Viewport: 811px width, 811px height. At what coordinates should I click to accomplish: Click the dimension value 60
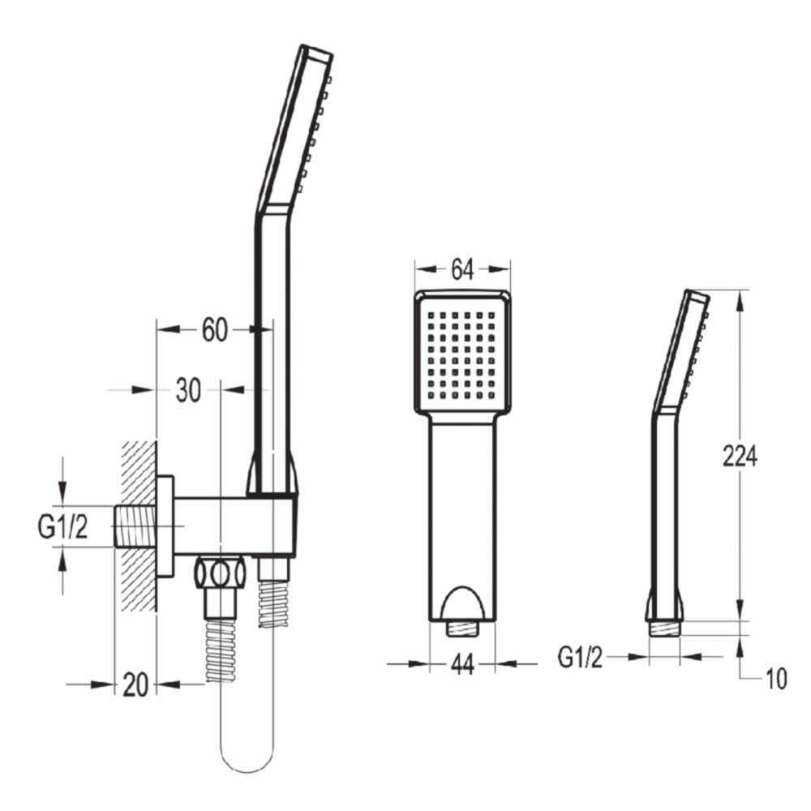click(214, 330)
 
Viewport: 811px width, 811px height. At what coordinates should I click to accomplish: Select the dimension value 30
click(187, 390)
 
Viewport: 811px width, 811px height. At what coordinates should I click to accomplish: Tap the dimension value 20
click(135, 684)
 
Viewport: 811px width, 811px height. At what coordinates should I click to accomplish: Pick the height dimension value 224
click(740, 457)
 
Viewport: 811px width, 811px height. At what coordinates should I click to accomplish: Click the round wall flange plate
click(166, 527)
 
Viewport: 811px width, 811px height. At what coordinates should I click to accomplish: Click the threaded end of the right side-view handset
click(665, 629)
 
